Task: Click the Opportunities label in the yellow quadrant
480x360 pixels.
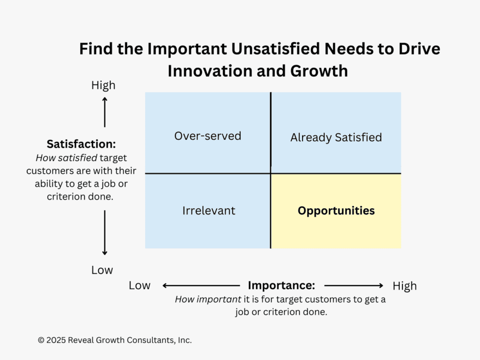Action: [x=336, y=211]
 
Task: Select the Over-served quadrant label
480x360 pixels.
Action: [x=208, y=136]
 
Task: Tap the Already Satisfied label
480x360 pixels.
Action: [x=336, y=137]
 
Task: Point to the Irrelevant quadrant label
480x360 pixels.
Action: [x=209, y=211]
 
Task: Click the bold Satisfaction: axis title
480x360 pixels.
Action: [x=81, y=144]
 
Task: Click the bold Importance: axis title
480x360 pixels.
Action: [x=281, y=285]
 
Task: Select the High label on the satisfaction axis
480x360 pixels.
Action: [x=103, y=85]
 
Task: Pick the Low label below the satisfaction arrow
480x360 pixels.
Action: [x=102, y=270]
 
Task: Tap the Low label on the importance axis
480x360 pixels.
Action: [x=139, y=285]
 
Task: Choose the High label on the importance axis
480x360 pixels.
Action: [x=405, y=286]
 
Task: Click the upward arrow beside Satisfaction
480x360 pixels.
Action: [x=104, y=112]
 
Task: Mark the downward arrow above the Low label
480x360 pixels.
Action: [x=104, y=232]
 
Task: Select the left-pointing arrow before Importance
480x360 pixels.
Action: [x=201, y=285]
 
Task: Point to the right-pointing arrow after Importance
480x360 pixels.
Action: [x=353, y=285]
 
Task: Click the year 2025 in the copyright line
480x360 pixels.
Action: [x=56, y=340]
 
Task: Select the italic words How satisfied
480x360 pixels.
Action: [x=66, y=158]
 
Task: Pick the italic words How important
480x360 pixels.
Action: [x=208, y=299]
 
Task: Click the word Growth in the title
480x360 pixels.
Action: [x=319, y=71]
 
